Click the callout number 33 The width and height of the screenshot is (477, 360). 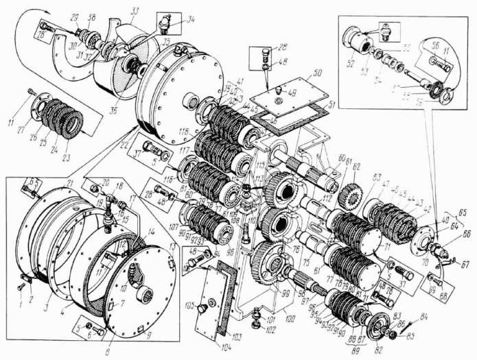tap(135, 11)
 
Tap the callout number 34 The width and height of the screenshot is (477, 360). tap(190, 20)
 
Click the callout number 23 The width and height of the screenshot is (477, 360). tap(66, 157)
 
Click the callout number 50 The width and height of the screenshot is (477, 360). tap(317, 72)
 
